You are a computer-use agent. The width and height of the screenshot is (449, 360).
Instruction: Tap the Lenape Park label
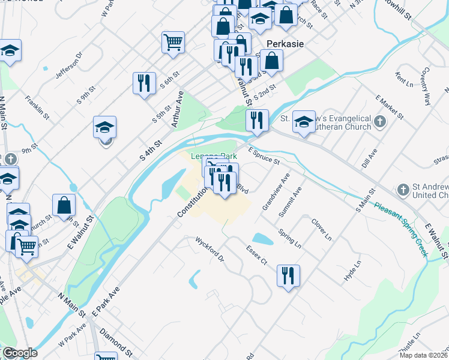pyautogui.click(x=214, y=156)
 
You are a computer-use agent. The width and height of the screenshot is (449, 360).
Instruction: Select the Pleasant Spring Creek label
pyautogui.click(x=401, y=229)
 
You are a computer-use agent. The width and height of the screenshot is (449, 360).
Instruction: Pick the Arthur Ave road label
pyautogui.click(x=176, y=109)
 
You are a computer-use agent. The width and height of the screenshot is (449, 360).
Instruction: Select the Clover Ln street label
pyautogui.click(x=321, y=229)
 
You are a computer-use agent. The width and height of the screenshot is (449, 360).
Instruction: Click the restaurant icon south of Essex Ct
pyautogui.click(x=288, y=275)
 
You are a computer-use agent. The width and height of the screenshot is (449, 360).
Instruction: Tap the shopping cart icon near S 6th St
pyautogui.click(x=173, y=42)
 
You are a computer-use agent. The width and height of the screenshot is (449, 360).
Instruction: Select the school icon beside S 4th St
pyautogui.click(x=104, y=127)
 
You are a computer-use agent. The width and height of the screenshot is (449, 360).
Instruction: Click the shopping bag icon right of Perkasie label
pyautogui.click(x=272, y=60)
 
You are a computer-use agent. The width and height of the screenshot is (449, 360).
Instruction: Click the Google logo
pyautogui.click(x=19, y=353)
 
